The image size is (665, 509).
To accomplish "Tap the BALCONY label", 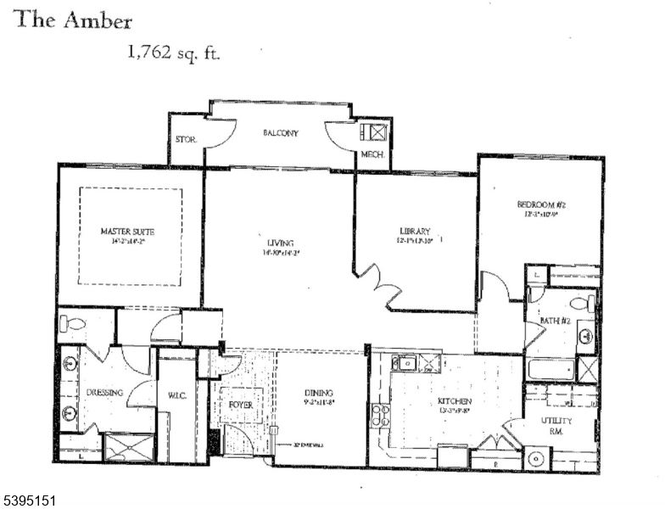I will [280, 133].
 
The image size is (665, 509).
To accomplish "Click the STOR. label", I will [186, 140].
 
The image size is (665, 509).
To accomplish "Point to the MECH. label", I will [373, 155].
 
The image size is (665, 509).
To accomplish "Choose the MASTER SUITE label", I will [127, 231].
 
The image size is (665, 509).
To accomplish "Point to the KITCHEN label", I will [454, 400].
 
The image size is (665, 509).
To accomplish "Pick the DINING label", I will [319, 394].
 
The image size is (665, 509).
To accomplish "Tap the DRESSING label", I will [105, 393].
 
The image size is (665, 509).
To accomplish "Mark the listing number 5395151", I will [29, 501].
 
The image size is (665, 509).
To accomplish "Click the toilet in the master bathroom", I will [71, 323].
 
